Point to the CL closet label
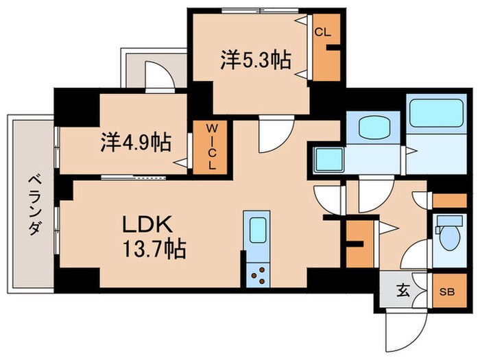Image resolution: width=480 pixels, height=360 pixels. (x=322, y=32)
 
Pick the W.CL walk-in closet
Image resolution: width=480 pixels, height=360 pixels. (x=213, y=147)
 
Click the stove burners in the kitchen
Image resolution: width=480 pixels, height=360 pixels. (x=260, y=276)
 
